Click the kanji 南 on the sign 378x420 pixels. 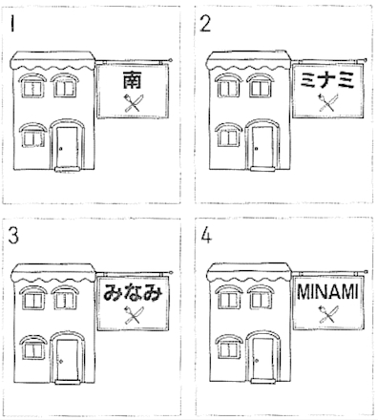(x=132, y=80)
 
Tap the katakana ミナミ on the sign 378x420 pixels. (x=327, y=79)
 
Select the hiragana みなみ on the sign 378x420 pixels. (x=133, y=292)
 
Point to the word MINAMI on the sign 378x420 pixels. (x=327, y=292)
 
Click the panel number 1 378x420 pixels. (x=12, y=24)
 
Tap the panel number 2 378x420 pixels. (x=205, y=24)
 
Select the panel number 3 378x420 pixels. (x=13, y=236)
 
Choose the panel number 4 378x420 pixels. (x=206, y=236)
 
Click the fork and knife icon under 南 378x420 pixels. (x=133, y=102)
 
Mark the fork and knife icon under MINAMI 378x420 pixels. (x=328, y=314)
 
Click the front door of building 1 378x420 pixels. (x=67, y=147)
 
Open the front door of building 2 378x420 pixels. (x=262, y=146)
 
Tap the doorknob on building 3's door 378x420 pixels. (x=61, y=361)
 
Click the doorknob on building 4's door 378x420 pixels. (x=257, y=361)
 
